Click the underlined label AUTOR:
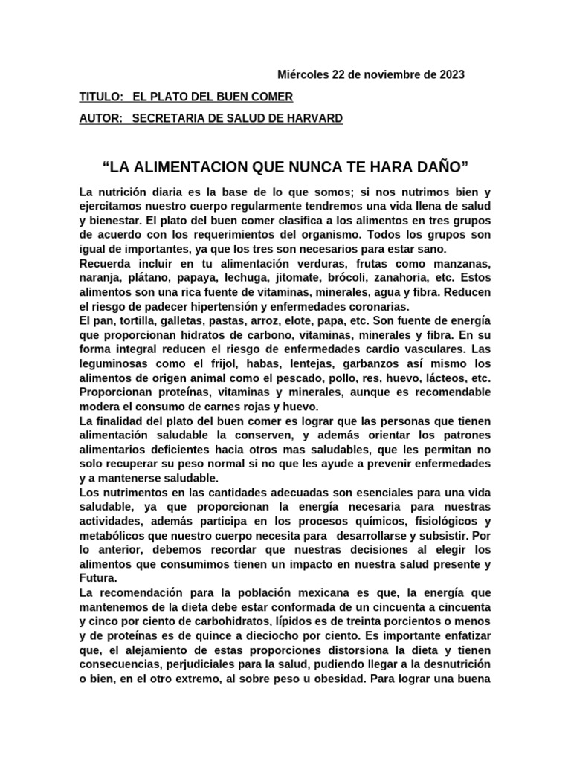coord(101,119)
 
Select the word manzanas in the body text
coord(461,265)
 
